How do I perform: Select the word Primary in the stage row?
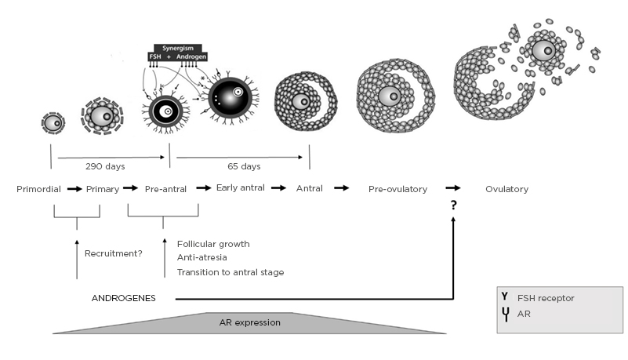(x=102, y=189)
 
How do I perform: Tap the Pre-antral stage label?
(x=163, y=189)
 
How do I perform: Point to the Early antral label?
(x=240, y=188)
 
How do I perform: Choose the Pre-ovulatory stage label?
(x=397, y=189)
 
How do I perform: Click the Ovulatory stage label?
(x=506, y=189)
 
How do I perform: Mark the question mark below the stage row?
(x=452, y=205)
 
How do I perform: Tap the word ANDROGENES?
(x=123, y=299)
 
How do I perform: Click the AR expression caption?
(x=250, y=322)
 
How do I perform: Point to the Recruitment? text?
(x=113, y=253)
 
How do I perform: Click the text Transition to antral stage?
(x=231, y=272)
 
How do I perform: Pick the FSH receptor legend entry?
(x=547, y=299)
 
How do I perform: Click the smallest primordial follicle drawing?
(x=53, y=122)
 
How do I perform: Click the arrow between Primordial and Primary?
(x=74, y=189)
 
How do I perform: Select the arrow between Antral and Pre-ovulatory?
(x=342, y=189)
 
